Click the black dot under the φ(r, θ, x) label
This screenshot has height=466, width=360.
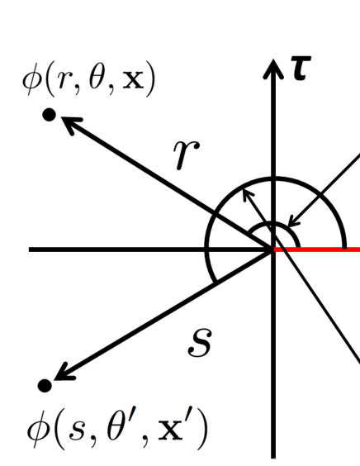49,116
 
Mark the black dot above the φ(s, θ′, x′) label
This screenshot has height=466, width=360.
45,385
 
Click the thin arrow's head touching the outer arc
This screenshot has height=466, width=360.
246,194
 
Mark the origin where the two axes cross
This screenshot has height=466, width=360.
273,249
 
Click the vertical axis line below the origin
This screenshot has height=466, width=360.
273,372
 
